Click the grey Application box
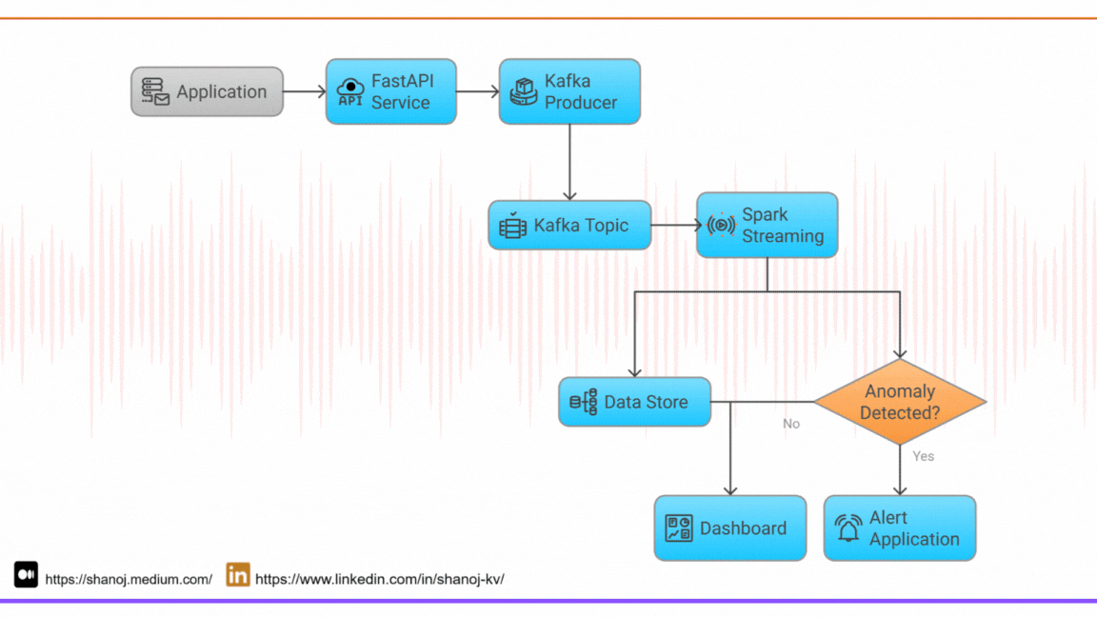coord(207,91)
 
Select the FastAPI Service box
coord(390,91)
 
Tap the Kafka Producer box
coord(569,91)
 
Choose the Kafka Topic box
coord(569,226)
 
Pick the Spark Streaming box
coord(767,226)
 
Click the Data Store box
coord(634,402)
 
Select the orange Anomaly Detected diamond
coord(900,402)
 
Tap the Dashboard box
coord(729,527)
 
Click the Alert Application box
coord(900,527)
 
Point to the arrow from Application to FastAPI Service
coord(304,92)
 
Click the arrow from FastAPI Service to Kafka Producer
coord(477,92)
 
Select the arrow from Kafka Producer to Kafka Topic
coord(569,162)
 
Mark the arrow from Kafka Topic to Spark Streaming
coord(674,226)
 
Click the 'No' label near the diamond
coord(791,424)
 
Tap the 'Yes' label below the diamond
coord(923,456)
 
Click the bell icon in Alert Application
coord(848,528)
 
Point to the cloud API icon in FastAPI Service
coord(350,91)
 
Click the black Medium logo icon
coord(26,575)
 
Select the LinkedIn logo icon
coord(238,575)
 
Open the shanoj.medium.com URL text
coord(129,579)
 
